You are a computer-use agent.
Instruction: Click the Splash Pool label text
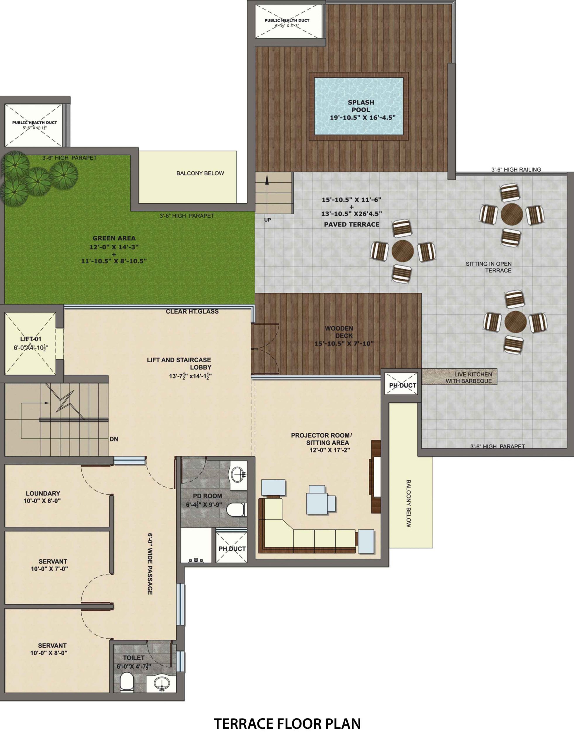point(361,106)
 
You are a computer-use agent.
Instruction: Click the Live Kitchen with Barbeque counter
point(459,377)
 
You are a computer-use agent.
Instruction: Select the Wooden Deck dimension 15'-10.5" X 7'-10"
point(344,343)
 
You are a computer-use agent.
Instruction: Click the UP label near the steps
point(268,220)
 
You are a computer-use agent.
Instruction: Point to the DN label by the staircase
point(114,439)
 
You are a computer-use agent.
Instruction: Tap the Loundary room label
point(43,493)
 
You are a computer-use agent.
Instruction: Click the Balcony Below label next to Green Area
point(200,174)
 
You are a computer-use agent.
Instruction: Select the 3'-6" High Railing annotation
point(516,169)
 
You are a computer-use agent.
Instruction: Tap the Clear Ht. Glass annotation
point(192,311)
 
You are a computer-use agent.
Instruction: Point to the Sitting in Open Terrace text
point(489,267)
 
